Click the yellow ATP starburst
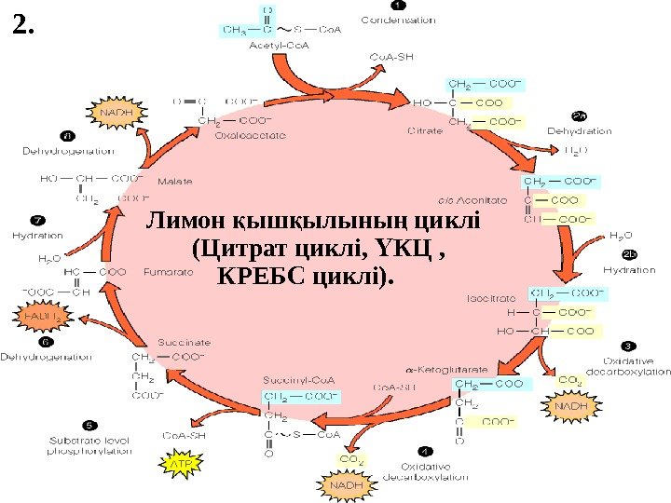click(x=177, y=459)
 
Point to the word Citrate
click(x=425, y=131)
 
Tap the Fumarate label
click(x=169, y=272)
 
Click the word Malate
click(x=174, y=181)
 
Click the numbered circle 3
click(x=628, y=347)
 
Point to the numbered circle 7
click(x=37, y=221)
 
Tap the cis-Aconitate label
click(x=472, y=199)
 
